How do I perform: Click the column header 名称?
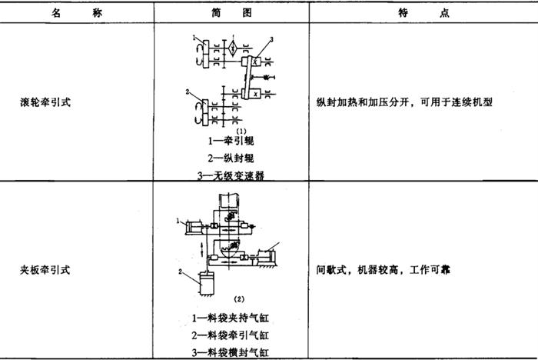(x=77, y=13)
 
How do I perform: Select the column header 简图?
(x=231, y=13)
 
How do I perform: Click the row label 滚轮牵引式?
(x=45, y=102)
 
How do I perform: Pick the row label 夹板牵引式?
(x=45, y=270)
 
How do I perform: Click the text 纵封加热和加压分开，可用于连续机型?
(x=404, y=102)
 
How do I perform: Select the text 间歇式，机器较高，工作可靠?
(x=383, y=270)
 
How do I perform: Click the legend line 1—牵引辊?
(x=231, y=141)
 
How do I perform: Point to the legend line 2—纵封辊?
(x=231, y=158)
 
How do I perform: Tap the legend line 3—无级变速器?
(x=231, y=176)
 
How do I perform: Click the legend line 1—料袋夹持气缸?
(x=231, y=318)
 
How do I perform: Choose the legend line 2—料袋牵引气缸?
(x=231, y=335)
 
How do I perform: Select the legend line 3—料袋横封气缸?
(x=231, y=352)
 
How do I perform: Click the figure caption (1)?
(x=241, y=131)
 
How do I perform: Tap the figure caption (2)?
(x=239, y=299)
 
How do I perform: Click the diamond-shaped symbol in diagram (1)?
(x=233, y=48)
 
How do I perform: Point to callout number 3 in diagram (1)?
(x=272, y=39)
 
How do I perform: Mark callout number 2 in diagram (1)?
(x=188, y=92)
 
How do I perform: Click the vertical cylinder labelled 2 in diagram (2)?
(x=207, y=283)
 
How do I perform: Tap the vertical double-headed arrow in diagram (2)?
(x=201, y=248)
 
